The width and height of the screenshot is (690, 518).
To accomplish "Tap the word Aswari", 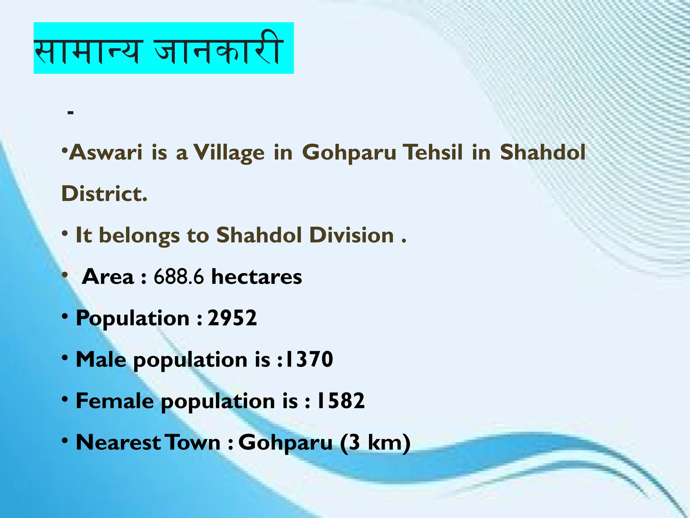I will [x=105, y=152].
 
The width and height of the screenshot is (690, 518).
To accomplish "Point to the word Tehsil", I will [x=433, y=152].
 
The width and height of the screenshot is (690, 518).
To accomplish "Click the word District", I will [x=104, y=194].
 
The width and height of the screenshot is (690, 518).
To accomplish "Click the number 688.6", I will [x=179, y=277].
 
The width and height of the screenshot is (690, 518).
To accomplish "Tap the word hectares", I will [x=256, y=277].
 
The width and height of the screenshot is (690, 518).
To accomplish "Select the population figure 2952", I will [x=232, y=318].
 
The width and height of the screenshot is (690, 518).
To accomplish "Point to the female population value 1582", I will [x=341, y=401].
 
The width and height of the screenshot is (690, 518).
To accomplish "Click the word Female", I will [x=115, y=401].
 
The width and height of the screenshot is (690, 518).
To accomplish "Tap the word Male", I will [x=101, y=359].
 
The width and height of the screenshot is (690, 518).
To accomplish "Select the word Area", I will [x=108, y=277].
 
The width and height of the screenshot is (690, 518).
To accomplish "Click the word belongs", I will [x=139, y=236].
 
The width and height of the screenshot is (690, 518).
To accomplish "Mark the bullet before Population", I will [x=65, y=316].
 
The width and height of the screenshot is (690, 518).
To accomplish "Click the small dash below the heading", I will [x=70, y=113].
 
